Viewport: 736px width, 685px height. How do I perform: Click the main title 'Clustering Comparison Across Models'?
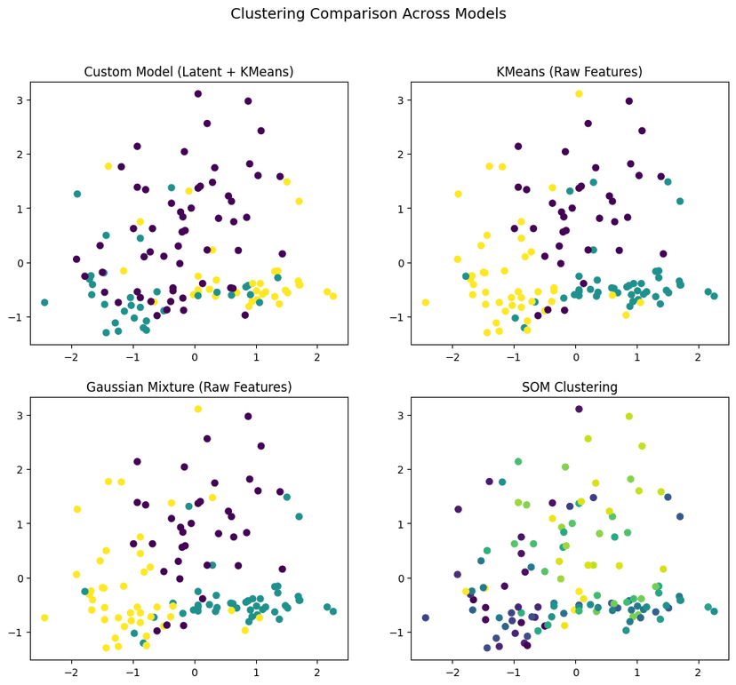(368, 14)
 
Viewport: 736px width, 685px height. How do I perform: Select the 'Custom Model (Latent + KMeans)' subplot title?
(188, 72)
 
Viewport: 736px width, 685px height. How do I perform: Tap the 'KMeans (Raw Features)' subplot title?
(569, 72)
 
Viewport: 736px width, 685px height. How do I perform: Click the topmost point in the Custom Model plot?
(198, 93)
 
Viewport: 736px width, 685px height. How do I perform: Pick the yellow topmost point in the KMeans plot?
(579, 93)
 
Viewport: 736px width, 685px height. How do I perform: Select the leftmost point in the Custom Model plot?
(44, 303)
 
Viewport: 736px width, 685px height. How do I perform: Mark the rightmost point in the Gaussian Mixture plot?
(333, 611)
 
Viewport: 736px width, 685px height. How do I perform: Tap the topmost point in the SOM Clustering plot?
(579, 409)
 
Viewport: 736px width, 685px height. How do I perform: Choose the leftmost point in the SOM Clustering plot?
(426, 617)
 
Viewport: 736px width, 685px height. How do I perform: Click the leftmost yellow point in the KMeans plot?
(426, 303)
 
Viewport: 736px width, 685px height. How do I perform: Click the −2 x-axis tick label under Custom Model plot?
(71, 357)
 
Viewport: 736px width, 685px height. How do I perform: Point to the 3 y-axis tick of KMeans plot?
(398, 100)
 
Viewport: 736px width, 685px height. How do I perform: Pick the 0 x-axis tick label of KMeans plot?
(575, 357)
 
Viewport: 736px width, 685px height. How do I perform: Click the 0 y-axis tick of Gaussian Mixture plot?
(18, 578)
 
